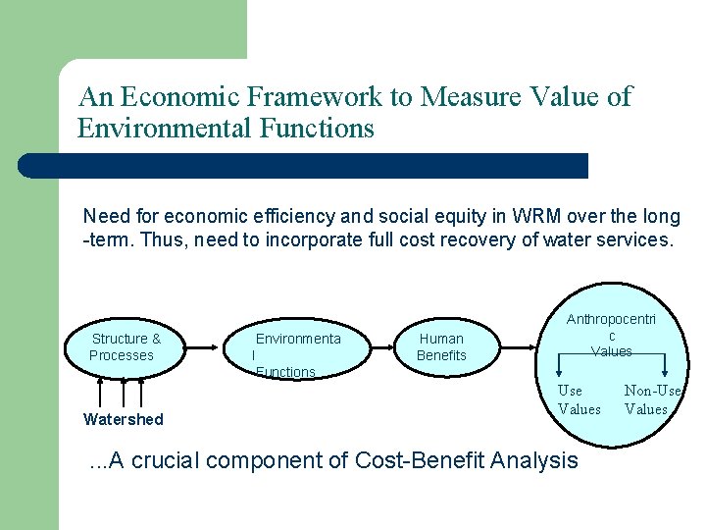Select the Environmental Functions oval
297,347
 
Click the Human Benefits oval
441,347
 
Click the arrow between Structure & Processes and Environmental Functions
207,346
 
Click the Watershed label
124,420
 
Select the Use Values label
579,400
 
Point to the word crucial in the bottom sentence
168,460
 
